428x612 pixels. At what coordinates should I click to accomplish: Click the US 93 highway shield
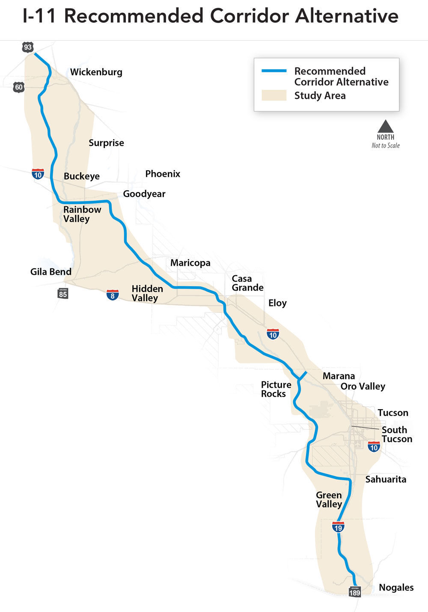(x=28, y=47)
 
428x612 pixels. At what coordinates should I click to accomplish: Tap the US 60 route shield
(x=19, y=87)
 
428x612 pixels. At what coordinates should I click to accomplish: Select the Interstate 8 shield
(x=113, y=294)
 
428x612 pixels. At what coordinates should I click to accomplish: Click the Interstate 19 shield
(x=338, y=527)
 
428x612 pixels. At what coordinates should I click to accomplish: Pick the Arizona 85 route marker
(x=63, y=293)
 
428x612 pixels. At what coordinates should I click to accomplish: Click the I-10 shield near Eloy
(x=273, y=334)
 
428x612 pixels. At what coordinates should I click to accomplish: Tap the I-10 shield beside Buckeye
(x=38, y=174)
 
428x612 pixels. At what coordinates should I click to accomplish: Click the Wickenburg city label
(x=96, y=72)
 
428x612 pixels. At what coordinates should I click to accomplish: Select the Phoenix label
(x=163, y=174)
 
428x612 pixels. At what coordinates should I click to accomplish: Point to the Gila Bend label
(x=51, y=272)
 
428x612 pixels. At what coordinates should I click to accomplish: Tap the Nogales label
(x=396, y=588)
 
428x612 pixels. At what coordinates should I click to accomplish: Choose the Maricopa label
(x=190, y=263)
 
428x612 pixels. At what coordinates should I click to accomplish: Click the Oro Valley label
(x=363, y=386)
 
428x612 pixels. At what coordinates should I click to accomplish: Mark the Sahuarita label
(x=386, y=479)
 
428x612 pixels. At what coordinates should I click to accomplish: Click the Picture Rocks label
(x=276, y=389)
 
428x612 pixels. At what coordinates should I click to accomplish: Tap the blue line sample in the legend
(x=274, y=71)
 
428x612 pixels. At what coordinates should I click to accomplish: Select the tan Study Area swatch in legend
(x=274, y=95)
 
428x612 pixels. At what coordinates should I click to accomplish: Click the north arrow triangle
(x=385, y=126)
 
